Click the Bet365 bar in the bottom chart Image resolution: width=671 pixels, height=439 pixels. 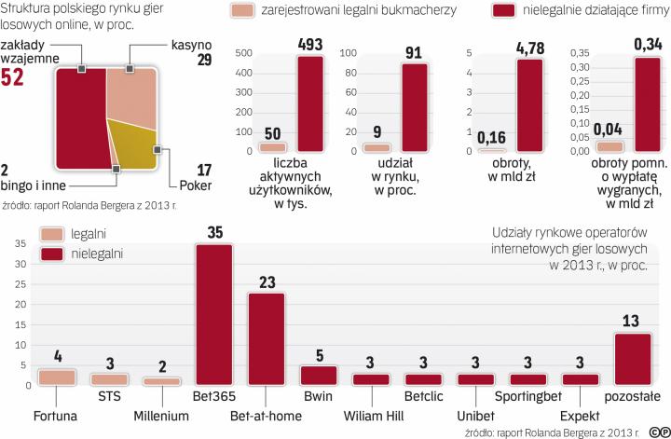213,315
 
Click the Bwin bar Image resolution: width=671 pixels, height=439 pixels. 319,376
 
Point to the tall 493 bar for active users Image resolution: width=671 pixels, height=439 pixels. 310,103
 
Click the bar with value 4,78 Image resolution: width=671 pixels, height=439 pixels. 528,104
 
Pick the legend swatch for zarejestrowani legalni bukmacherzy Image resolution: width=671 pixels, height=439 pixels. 243,12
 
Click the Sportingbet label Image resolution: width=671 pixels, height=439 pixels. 530,408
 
